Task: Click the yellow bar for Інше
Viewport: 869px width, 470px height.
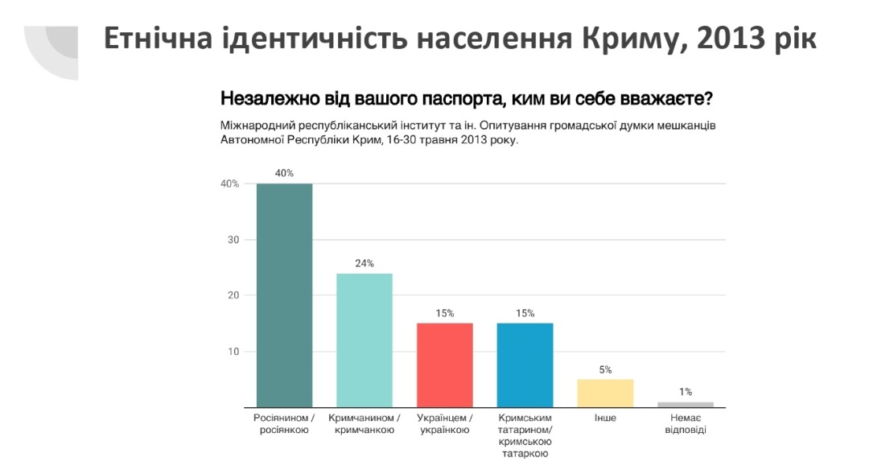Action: coord(605,393)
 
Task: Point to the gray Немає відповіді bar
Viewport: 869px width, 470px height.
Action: coord(686,404)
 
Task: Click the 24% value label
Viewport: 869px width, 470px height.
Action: coord(364,263)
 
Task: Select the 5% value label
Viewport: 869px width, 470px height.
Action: coord(605,369)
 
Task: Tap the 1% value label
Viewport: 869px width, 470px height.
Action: coord(686,392)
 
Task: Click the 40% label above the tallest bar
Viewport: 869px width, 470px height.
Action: coord(284,173)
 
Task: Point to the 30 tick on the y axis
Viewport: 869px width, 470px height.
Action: coord(233,240)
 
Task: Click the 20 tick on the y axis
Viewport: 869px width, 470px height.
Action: coord(233,295)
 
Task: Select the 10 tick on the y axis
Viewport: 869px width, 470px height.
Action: coord(233,351)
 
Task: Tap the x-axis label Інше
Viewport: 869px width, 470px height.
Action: coord(605,418)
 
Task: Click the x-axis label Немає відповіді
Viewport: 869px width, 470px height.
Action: coord(686,424)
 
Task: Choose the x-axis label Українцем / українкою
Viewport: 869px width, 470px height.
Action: coord(444,424)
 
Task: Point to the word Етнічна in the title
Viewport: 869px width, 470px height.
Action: coord(158,39)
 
